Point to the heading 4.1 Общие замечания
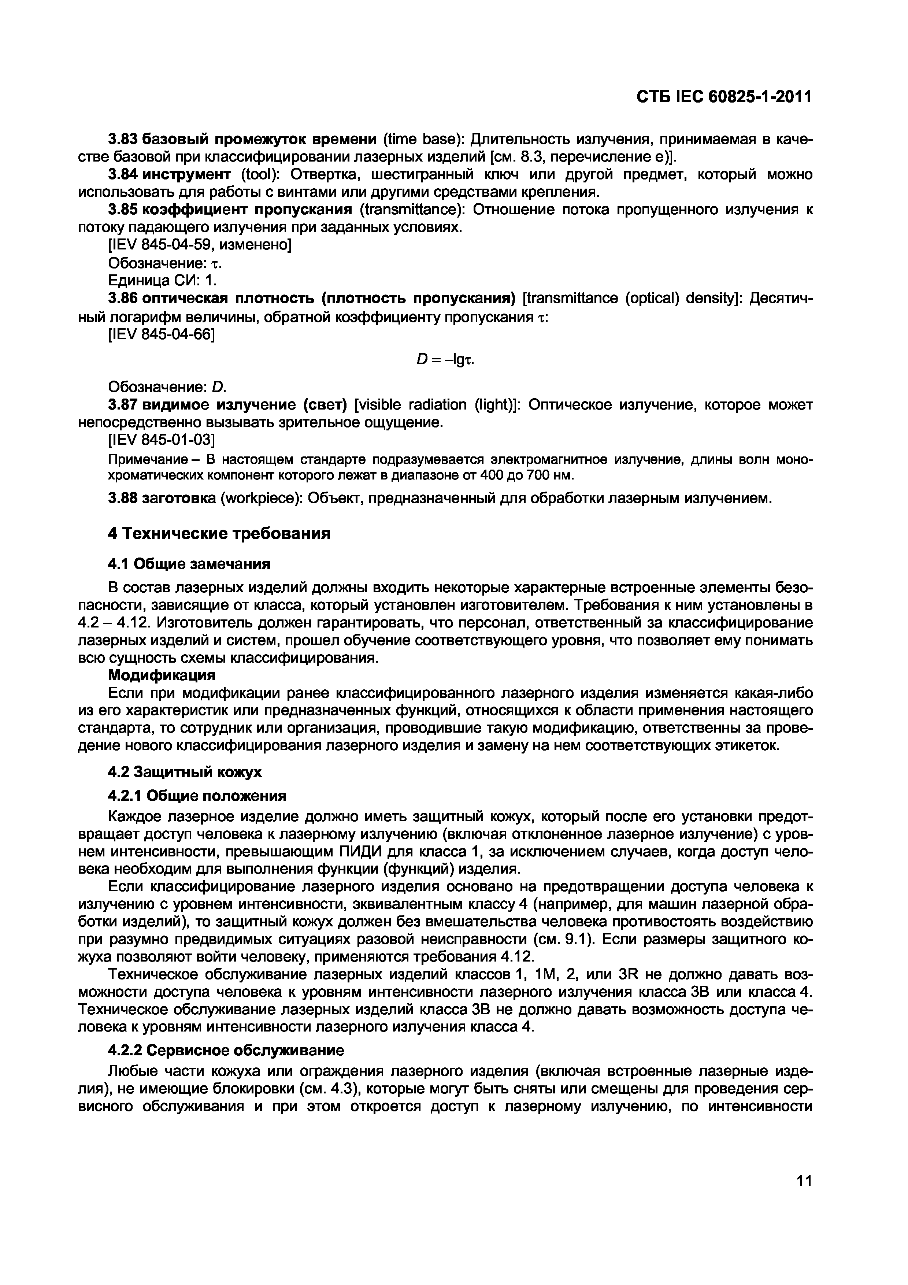click(x=189, y=564)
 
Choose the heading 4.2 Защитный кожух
click(x=185, y=772)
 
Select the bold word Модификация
click(x=162, y=675)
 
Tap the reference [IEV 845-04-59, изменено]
click(x=199, y=245)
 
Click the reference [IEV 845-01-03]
click(x=161, y=440)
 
